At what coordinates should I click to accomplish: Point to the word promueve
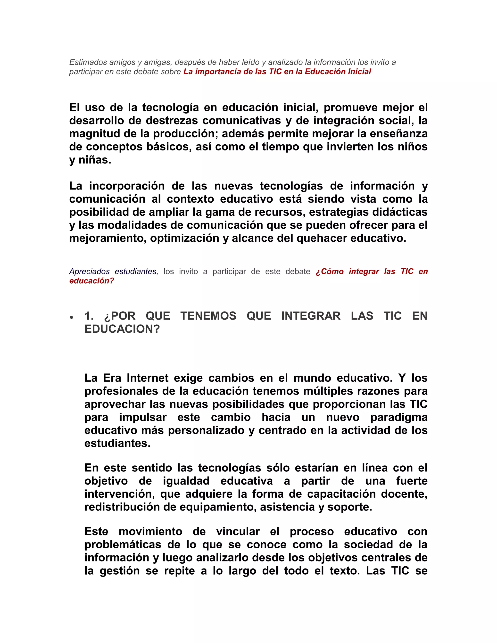[350, 108]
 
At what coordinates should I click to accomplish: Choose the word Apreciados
[90, 272]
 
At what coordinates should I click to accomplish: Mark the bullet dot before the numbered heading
[72, 318]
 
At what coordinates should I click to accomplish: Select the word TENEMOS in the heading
[208, 316]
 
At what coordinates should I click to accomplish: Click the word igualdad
[186, 481]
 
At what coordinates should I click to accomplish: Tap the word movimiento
[150, 532]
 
